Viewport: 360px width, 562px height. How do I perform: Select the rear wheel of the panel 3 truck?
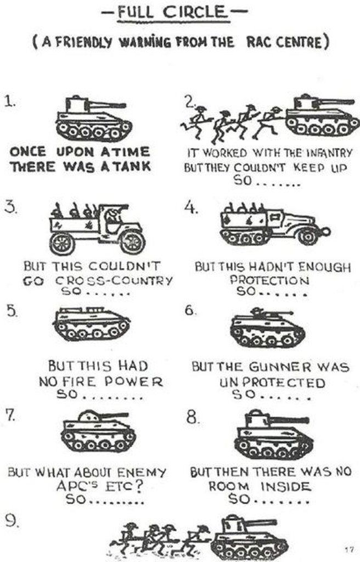point(61,243)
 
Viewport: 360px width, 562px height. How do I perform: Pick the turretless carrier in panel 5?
point(91,324)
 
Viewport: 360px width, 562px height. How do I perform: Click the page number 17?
point(349,549)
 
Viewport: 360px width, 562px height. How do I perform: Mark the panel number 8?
point(192,418)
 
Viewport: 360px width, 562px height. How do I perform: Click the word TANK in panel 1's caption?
point(131,165)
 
